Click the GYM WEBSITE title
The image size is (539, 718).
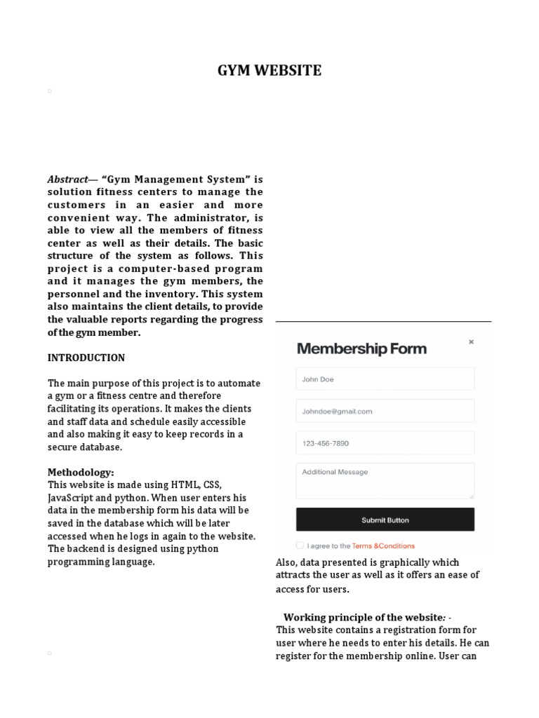click(269, 70)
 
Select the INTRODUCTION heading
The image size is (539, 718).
click(86, 358)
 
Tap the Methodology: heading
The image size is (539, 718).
click(80, 472)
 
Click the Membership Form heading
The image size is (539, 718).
click(361, 348)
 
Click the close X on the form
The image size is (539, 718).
click(471, 342)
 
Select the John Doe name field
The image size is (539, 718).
click(385, 379)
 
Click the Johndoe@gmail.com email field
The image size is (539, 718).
click(385, 412)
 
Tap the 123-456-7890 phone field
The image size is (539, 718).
click(385, 443)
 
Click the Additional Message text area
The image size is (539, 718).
click(385, 480)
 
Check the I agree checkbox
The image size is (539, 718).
click(300, 546)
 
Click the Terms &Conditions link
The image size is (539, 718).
click(383, 546)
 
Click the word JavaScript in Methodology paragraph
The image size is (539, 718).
click(72, 498)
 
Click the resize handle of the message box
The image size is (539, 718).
click(471, 496)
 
